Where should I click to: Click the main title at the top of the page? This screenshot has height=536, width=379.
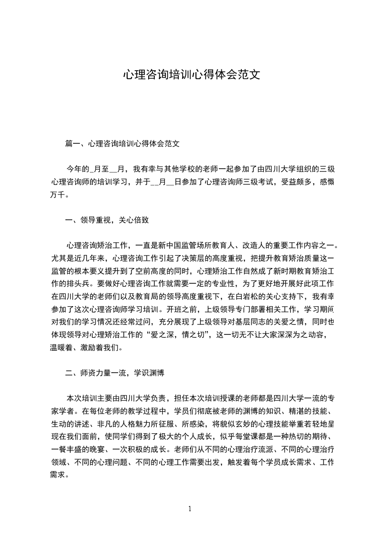pyautogui.click(x=191, y=75)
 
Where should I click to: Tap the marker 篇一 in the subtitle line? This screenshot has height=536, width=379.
pyautogui.click(x=72, y=143)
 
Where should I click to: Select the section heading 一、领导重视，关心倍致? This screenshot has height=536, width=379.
pyautogui.click(x=108, y=220)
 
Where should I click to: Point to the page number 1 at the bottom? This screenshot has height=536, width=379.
pyautogui.click(x=190, y=509)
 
